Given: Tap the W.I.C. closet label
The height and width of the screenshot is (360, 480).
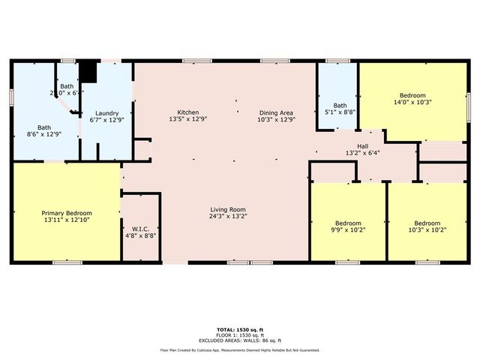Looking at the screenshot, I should pyautogui.click(x=141, y=228).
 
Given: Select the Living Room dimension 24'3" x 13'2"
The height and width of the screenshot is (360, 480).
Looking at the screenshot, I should pyautogui.click(x=228, y=217).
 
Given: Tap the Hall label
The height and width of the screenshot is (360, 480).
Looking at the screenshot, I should pyautogui.click(x=361, y=145).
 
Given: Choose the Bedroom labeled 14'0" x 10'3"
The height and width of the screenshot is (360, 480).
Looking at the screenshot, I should pyautogui.click(x=412, y=95).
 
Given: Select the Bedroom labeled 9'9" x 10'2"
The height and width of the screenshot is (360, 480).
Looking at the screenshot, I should pyautogui.click(x=348, y=223).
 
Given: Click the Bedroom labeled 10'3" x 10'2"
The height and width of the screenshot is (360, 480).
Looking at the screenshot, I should pyautogui.click(x=427, y=223).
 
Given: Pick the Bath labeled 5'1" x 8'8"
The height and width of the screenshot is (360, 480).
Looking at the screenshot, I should pyautogui.click(x=339, y=106).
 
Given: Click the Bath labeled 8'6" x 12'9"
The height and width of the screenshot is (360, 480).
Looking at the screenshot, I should pyautogui.click(x=44, y=127).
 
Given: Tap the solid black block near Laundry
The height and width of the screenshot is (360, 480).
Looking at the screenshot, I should pyautogui.click(x=88, y=71).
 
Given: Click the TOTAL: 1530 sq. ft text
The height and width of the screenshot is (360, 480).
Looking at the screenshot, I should pyautogui.click(x=240, y=329).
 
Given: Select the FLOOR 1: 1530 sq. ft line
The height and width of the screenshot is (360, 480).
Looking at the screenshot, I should pyautogui.click(x=240, y=334).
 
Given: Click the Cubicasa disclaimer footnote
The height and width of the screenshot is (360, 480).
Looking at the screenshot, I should pyautogui.click(x=240, y=349).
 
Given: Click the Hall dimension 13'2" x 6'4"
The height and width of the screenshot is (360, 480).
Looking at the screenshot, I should pyautogui.click(x=361, y=153).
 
